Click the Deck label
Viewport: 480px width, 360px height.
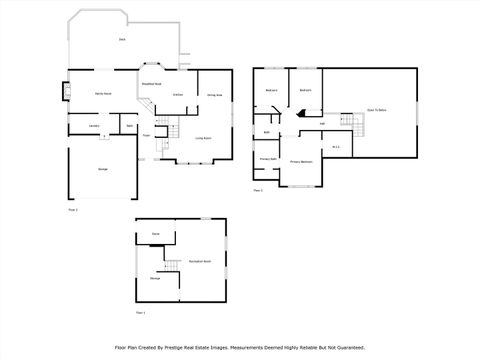point(121,40)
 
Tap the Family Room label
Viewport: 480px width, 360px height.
point(103,93)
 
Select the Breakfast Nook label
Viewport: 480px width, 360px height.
point(151,84)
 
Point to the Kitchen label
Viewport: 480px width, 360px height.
point(177,94)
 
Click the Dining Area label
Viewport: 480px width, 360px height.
point(214,95)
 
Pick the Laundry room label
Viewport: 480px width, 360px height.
point(92,126)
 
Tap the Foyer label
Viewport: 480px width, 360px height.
point(146,134)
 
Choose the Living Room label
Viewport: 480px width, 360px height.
point(202,137)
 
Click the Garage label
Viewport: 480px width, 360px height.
point(103,171)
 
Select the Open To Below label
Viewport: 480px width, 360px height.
point(377,109)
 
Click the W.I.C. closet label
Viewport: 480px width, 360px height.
point(337,146)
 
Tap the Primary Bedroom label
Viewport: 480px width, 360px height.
point(301,160)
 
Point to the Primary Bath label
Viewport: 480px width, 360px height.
point(268,158)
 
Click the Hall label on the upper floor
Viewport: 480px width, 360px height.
point(322,124)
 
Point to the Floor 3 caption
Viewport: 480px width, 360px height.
point(258,188)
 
